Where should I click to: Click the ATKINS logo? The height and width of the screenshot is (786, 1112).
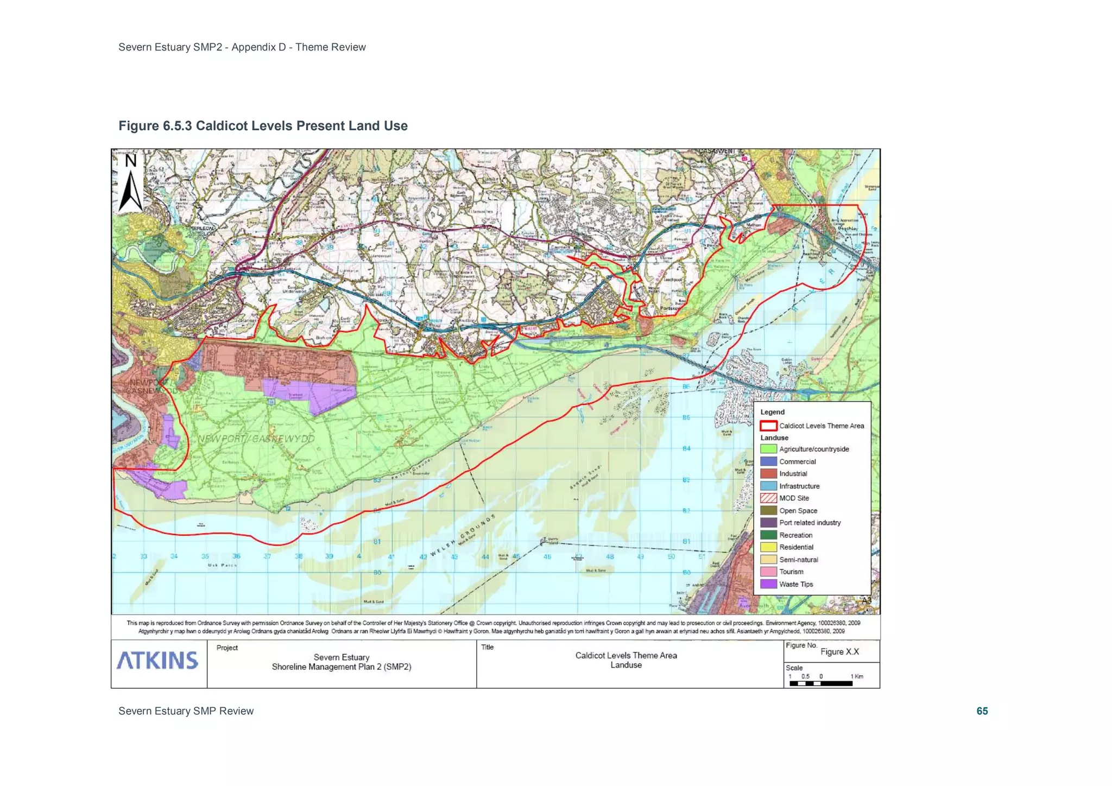pos(157,660)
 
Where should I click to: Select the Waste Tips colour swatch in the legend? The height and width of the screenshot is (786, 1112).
pos(768,584)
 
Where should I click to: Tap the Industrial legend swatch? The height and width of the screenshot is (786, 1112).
pos(768,473)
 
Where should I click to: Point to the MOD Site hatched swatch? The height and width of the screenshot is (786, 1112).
pos(768,498)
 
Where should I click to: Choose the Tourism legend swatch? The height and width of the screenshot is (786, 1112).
pos(768,572)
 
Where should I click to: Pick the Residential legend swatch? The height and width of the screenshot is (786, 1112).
pos(768,547)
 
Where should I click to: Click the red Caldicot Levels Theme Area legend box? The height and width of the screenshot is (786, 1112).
pos(768,426)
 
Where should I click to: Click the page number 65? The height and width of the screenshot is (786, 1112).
pos(982,711)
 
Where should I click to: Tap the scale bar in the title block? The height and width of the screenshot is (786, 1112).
pos(821,683)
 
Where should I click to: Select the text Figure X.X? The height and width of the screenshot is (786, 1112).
pos(839,651)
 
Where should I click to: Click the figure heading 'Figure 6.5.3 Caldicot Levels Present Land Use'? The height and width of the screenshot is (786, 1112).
pos(263,126)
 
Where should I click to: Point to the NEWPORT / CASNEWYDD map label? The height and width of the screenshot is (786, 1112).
pos(256,439)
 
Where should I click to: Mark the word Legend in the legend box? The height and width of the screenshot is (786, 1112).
pos(772,412)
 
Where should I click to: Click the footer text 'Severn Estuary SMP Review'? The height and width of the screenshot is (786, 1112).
pos(186,711)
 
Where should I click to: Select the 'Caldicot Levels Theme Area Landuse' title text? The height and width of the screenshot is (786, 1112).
pos(626,660)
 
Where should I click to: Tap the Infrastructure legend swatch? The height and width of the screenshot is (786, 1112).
pos(768,486)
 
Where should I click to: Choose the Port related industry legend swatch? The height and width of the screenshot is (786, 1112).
pos(768,522)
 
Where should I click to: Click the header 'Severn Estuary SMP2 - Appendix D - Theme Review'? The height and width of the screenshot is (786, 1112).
pos(242,47)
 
